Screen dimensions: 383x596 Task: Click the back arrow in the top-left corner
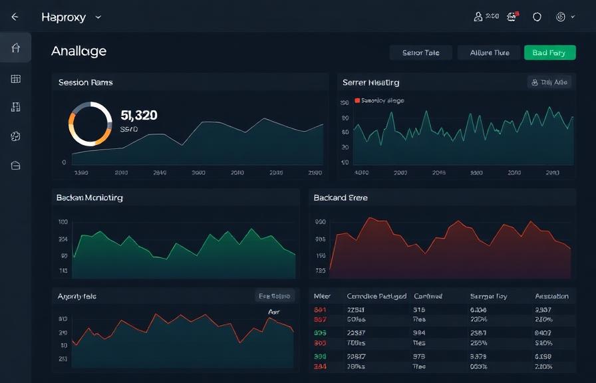[15, 17]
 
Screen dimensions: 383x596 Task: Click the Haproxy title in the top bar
[63, 17]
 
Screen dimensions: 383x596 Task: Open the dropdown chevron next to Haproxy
[98, 17]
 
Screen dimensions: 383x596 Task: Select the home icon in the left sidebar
[16, 48]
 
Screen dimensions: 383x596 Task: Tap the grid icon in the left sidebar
[16, 79]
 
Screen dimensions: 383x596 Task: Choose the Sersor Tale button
[420, 53]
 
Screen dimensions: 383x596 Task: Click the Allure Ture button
[490, 53]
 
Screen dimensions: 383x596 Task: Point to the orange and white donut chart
[90, 124]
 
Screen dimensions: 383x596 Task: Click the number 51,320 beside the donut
[139, 115]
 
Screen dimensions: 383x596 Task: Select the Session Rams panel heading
[85, 82]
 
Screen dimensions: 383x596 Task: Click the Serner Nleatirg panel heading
[371, 82]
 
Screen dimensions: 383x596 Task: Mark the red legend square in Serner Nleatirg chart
[357, 100]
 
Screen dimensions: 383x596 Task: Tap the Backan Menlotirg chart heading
[89, 197]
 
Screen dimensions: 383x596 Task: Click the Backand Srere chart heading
[341, 197]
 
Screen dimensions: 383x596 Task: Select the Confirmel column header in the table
[428, 297]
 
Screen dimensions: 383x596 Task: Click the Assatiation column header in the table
[551, 297]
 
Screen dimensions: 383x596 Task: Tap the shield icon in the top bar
[537, 17]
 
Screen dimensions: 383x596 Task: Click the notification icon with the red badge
[512, 17]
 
